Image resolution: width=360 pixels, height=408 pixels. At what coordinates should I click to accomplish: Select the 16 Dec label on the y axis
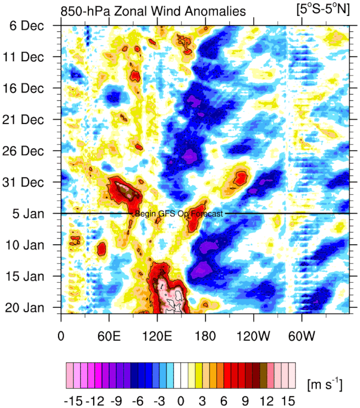[x=30, y=88]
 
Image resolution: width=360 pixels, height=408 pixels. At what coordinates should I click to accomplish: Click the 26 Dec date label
[x=30, y=151]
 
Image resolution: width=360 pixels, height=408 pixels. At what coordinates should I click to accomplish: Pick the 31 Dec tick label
[x=30, y=182]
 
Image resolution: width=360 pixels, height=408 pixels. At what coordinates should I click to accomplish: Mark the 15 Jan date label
[x=30, y=276]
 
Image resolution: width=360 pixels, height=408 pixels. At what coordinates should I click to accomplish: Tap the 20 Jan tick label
[x=30, y=308]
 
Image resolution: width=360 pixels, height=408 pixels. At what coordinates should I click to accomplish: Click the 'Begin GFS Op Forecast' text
[x=178, y=214]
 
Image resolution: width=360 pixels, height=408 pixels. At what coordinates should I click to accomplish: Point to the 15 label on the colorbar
[x=288, y=388]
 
